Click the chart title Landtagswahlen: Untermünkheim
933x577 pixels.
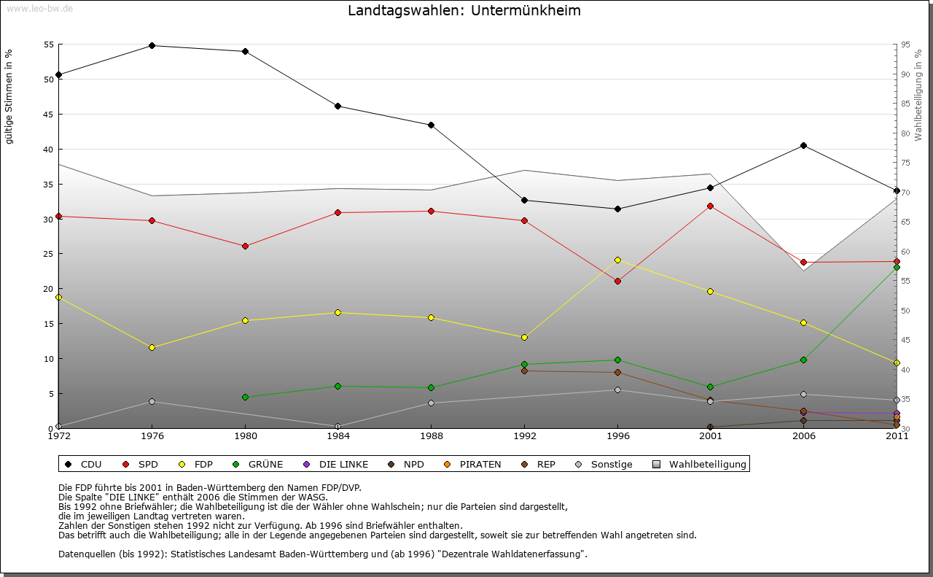(464, 11)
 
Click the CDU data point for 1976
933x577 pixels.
(152, 45)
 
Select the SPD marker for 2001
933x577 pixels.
(711, 206)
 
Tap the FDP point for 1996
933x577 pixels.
(617, 260)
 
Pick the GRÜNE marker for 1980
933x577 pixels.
(245, 397)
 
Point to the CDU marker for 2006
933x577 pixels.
(803, 145)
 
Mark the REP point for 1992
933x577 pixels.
(524, 371)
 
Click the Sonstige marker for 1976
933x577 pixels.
(152, 401)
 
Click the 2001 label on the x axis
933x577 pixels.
(711, 436)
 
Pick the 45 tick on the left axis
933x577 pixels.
(48, 115)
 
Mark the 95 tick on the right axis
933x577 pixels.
(905, 44)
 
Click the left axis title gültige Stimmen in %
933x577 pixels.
(9, 97)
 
